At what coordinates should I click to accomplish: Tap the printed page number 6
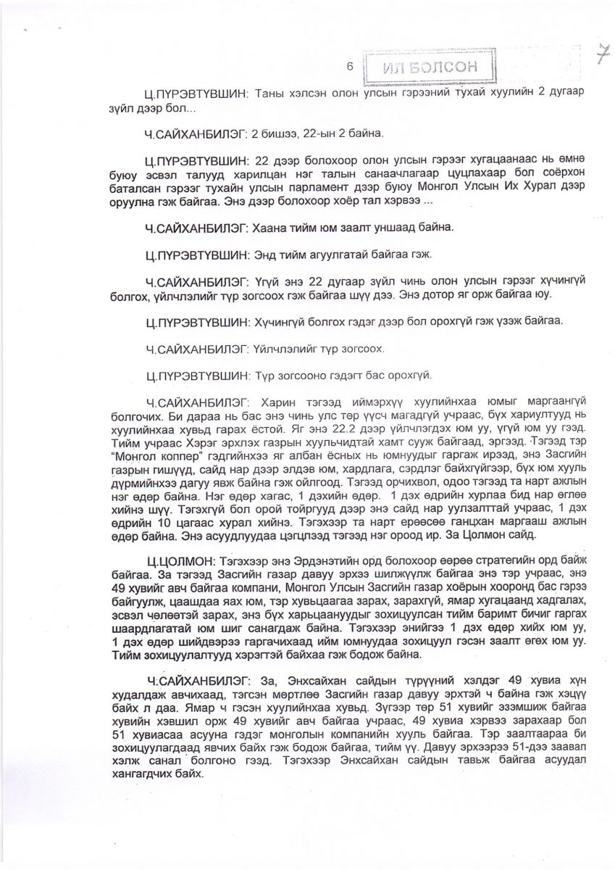(x=350, y=66)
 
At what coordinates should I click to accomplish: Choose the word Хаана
(x=267, y=227)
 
